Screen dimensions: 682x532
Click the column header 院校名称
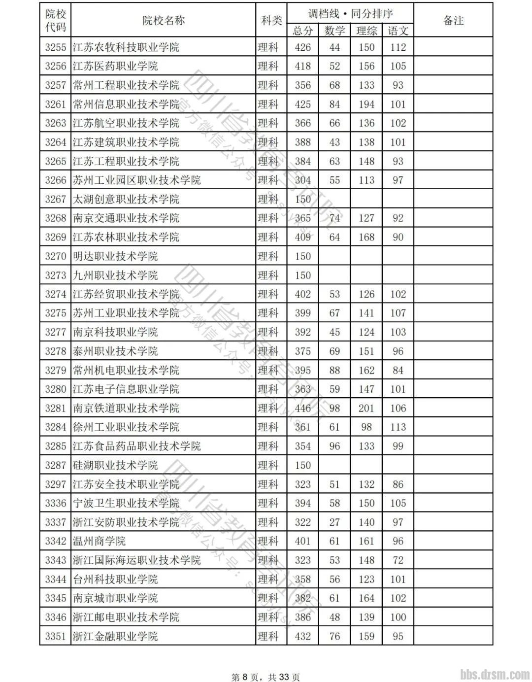163,20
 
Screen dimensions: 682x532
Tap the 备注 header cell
453,20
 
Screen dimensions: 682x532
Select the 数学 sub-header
334,31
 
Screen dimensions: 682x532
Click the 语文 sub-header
398,31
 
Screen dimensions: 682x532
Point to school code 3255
55,47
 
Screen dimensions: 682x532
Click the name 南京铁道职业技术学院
126,408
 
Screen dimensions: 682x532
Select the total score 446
302,408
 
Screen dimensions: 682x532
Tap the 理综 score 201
366,408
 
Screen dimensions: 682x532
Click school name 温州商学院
99,541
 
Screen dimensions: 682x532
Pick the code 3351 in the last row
55,636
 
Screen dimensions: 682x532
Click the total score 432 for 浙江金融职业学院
302,636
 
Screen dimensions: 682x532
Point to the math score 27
334,522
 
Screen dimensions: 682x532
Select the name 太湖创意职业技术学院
126,199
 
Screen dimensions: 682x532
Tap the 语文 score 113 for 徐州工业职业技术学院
398,427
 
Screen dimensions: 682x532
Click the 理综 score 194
366,104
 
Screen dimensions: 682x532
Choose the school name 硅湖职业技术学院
115,465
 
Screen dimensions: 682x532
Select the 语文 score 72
398,560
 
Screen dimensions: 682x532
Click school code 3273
55,275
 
